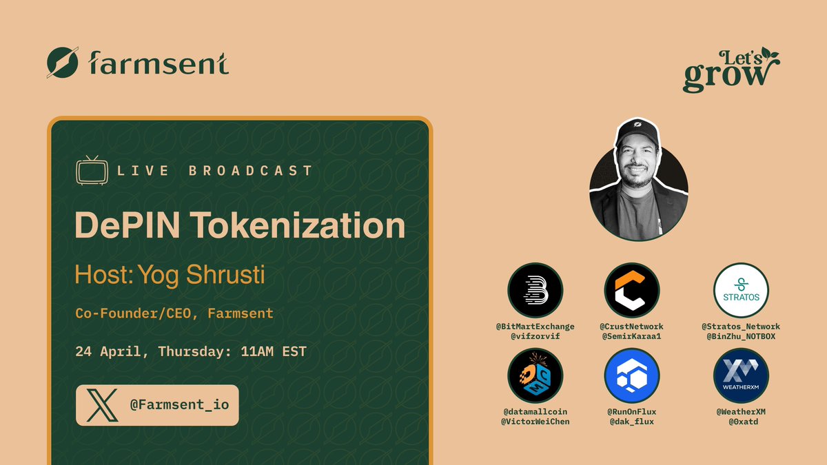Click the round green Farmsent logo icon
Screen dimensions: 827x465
[63, 63]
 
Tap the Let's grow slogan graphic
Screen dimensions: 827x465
[731, 70]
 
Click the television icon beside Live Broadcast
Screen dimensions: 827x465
[92, 170]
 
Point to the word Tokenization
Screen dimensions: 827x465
[298, 225]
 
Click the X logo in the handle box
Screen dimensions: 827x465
[102, 405]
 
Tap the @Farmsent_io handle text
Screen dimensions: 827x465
[179, 405]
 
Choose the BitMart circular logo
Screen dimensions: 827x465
[535, 290]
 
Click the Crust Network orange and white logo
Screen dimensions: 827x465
[632, 290]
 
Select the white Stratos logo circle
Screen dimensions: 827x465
[741, 290]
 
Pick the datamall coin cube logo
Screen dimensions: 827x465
[535, 375]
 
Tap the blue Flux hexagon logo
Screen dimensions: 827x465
[632, 375]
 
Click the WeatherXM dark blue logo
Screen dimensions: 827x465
[741, 375]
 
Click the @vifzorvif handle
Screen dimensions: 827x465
[535, 336]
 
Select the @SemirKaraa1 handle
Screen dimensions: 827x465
[632, 336]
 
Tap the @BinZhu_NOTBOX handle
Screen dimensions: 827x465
[741, 336]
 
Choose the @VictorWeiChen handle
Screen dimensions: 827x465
[535, 422]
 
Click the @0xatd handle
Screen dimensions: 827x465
[743, 422]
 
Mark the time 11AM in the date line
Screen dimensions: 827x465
[257, 351]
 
